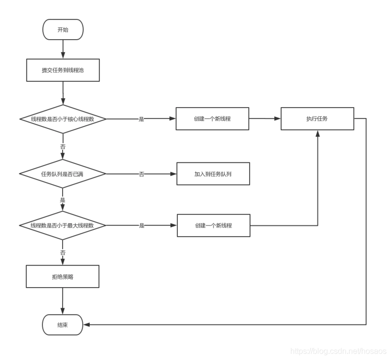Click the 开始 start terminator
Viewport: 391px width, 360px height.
pyautogui.click(x=63, y=29)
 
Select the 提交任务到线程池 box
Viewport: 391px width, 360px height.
pyautogui.click(x=63, y=70)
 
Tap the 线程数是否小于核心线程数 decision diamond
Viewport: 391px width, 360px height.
pyautogui.click(x=63, y=119)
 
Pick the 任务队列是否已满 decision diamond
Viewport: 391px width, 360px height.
pyautogui.click(x=63, y=174)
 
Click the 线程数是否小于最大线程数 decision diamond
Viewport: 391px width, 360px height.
pyautogui.click(x=63, y=225)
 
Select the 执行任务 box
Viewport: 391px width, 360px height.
pyautogui.click(x=317, y=118)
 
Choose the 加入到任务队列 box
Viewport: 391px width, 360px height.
pyautogui.click(x=213, y=174)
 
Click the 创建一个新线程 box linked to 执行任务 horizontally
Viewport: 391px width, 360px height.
pyautogui.click(x=212, y=118)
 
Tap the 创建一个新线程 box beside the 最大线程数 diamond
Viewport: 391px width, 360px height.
pyautogui.click(x=214, y=225)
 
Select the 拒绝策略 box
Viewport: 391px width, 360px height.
pyautogui.click(x=63, y=276)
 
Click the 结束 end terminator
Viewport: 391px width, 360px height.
pyautogui.click(x=63, y=324)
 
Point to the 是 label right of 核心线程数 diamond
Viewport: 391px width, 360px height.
pyautogui.click(x=141, y=119)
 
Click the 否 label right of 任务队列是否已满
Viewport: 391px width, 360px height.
pyautogui.click(x=141, y=174)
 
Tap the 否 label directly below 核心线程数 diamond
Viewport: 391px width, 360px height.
pyautogui.click(x=63, y=146)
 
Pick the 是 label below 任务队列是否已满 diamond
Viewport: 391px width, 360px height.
pyautogui.click(x=63, y=200)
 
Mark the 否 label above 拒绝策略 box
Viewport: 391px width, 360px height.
pyautogui.click(x=63, y=252)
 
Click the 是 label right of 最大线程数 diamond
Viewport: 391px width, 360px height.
pyautogui.click(x=142, y=225)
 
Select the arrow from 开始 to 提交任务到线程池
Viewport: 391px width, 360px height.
pyautogui.click(x=63, y=49)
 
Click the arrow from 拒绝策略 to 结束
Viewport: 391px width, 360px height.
pyautogui.click(x=63, y=301)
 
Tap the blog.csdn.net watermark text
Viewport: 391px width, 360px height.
pyautogui.click(x=338, y=351)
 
